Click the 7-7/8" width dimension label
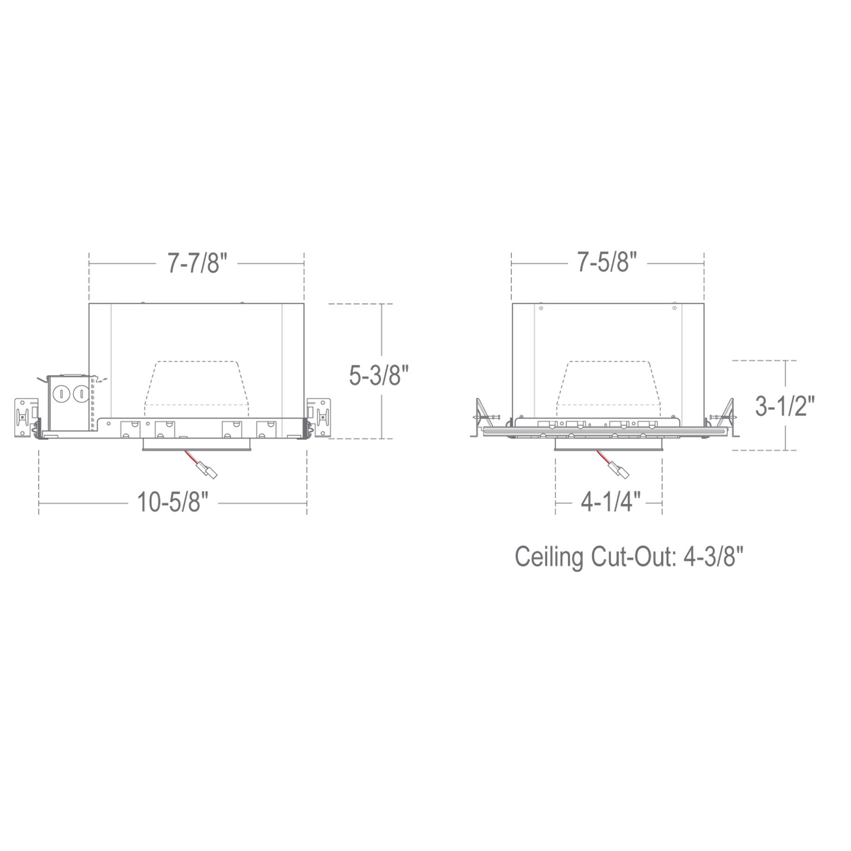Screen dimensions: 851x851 tap(197, 264)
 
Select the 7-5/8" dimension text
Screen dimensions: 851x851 tap(607, 264)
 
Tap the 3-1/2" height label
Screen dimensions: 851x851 tap(784, 407)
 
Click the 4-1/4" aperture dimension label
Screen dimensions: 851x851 tap(610, 502)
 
